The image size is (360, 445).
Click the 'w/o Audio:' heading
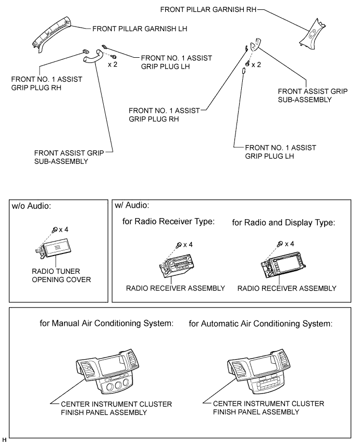coord(31,206)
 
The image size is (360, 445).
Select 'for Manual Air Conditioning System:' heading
coord(107,323)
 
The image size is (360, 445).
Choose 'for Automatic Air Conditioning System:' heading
coord(260,323)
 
